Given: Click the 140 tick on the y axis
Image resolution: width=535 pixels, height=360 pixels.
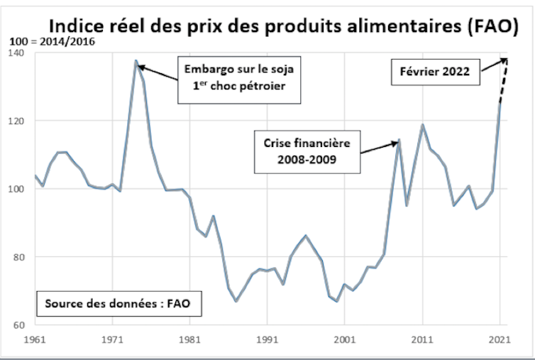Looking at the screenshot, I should [x=15, y=53].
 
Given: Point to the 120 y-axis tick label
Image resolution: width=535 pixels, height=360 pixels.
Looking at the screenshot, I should [x=15, y=121].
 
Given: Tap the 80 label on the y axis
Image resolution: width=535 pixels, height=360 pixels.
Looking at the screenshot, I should [x=17, y=257].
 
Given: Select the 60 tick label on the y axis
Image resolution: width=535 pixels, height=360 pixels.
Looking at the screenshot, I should [x=17, y=325].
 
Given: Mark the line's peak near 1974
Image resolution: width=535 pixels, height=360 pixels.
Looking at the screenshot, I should [x=136, y=61].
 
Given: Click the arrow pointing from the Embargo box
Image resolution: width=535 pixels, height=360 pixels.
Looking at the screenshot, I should [x=158, y=73].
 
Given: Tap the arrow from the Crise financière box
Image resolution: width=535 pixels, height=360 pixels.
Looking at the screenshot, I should [x=380, y=146].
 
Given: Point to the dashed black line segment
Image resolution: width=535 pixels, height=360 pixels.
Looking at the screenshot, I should [x=503, y=81].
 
